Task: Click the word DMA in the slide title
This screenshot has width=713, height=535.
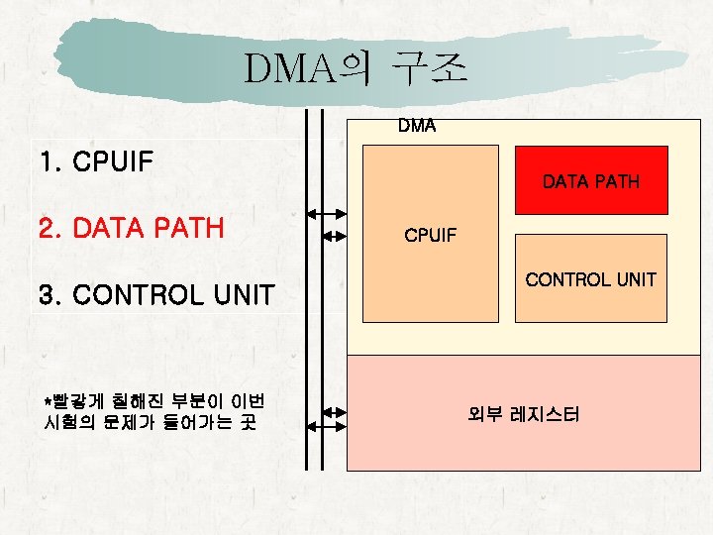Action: (291, 69)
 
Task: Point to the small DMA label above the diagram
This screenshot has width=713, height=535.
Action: (416, 126)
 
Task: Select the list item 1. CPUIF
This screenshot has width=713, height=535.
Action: (95, 160)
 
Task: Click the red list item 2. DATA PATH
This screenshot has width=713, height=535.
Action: (131, 229)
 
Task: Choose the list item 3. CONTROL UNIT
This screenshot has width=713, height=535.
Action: (155, 295)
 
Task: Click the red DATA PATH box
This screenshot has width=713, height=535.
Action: (591, 180)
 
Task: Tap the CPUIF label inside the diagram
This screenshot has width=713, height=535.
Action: (430, 236)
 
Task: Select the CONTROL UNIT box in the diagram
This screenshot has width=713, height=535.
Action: (591, 278)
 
